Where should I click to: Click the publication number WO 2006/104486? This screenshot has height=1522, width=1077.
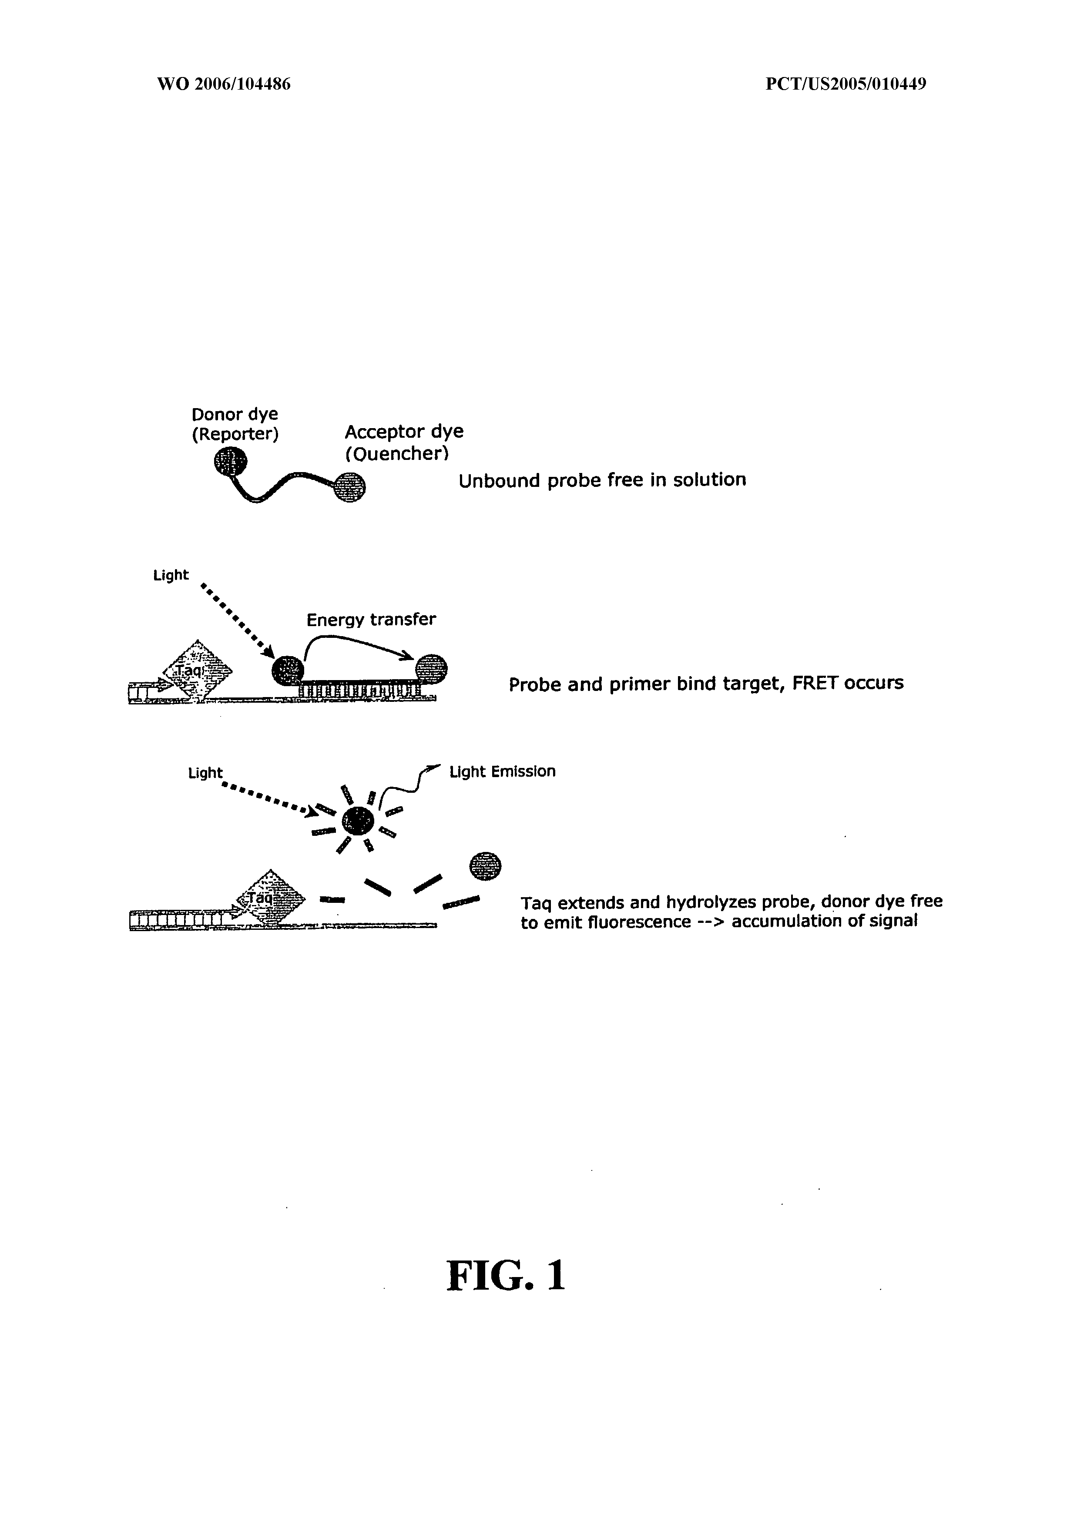(x=224, y=84)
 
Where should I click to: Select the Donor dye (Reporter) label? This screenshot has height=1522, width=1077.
(x=235, y=424)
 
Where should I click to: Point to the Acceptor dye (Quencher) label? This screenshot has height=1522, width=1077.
(x=404, y=443)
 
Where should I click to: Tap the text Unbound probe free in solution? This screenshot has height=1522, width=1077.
(x=602, y=480)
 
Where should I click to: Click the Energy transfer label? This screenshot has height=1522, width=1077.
(x=371, y=620)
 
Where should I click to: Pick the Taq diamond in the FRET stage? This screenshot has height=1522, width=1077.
(x=198, y=671)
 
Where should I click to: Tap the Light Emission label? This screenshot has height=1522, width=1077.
(x=502, y=771)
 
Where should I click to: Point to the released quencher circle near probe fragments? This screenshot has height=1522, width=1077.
(x=485, y=866)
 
